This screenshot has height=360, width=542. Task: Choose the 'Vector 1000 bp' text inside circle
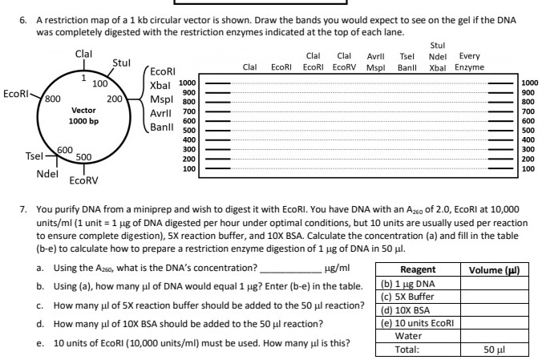tap(83, 115)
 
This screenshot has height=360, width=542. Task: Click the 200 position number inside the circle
tap(114, 99)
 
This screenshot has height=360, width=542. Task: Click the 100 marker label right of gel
tap(529, 169)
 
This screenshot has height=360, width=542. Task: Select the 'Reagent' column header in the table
tap(417, 270)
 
